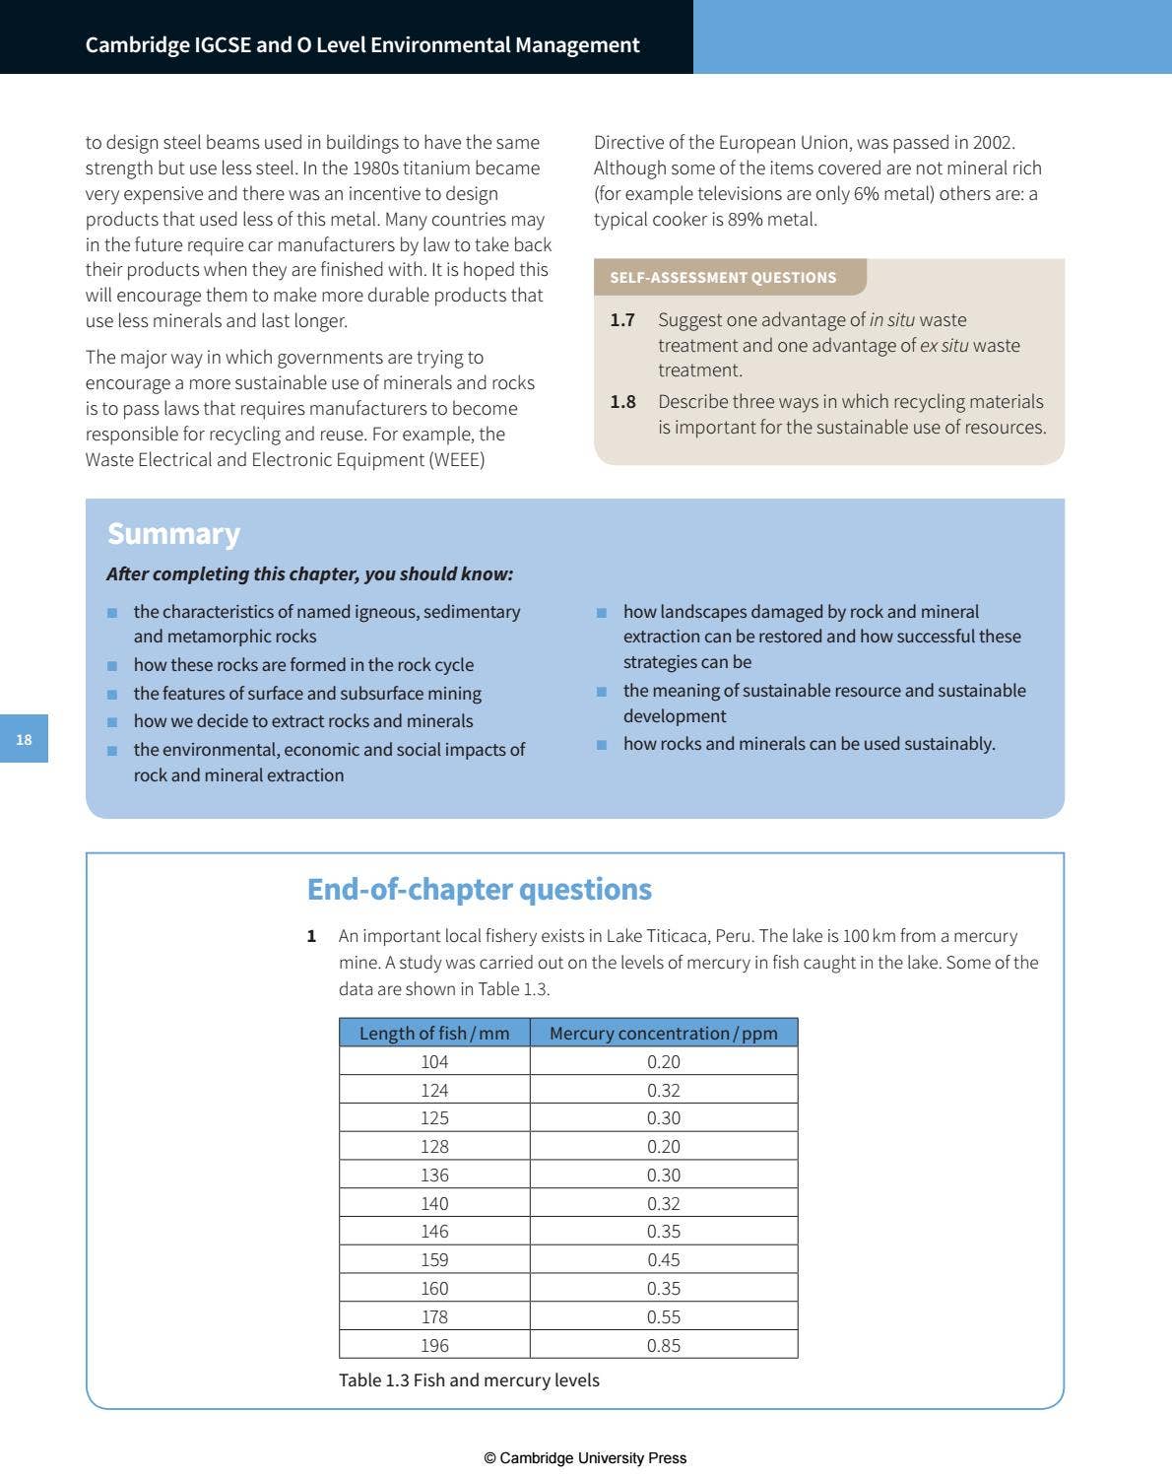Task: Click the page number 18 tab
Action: click(x=24, y=739)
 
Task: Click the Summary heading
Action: click(x=173, y=533)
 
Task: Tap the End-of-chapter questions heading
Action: click(x=479, y=889)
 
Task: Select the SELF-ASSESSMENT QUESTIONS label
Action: click(x=723, y=278)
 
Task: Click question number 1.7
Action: click(x=621, y=320)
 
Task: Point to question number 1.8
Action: click(x=621, y=402)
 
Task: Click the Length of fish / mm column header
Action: click(x=434, y=1033)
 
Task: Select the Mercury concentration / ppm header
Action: click(x=663, y=1033)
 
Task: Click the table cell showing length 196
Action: click(x=434, y=1345)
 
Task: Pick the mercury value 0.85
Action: click(x=663, y=1345)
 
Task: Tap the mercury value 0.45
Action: click(x=663, y=1260)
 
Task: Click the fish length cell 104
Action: click(x=434, y=1061)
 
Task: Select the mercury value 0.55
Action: click(x=663, y=1316)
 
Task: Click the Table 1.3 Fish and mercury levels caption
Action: click(x=469, y=1379)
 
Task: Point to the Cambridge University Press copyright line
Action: click(x=585, y=1457)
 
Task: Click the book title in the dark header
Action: click(x=362, y=44)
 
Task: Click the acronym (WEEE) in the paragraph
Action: click(x=457, y=460)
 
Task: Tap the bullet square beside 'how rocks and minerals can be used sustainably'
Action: click(x=601, y=745)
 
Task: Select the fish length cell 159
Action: click(x=434, y=1260)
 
